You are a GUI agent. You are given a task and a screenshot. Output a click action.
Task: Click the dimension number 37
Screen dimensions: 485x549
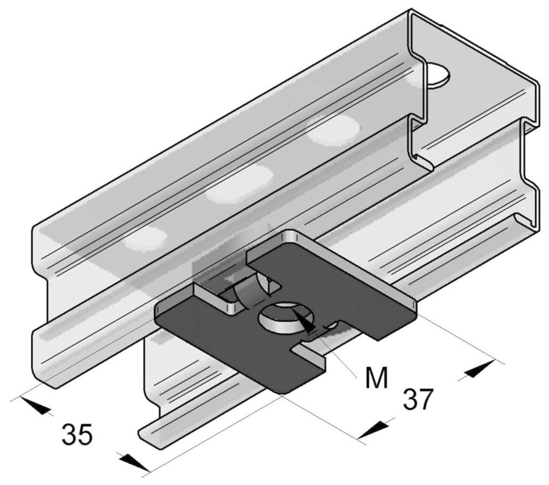[x=417, y=399]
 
